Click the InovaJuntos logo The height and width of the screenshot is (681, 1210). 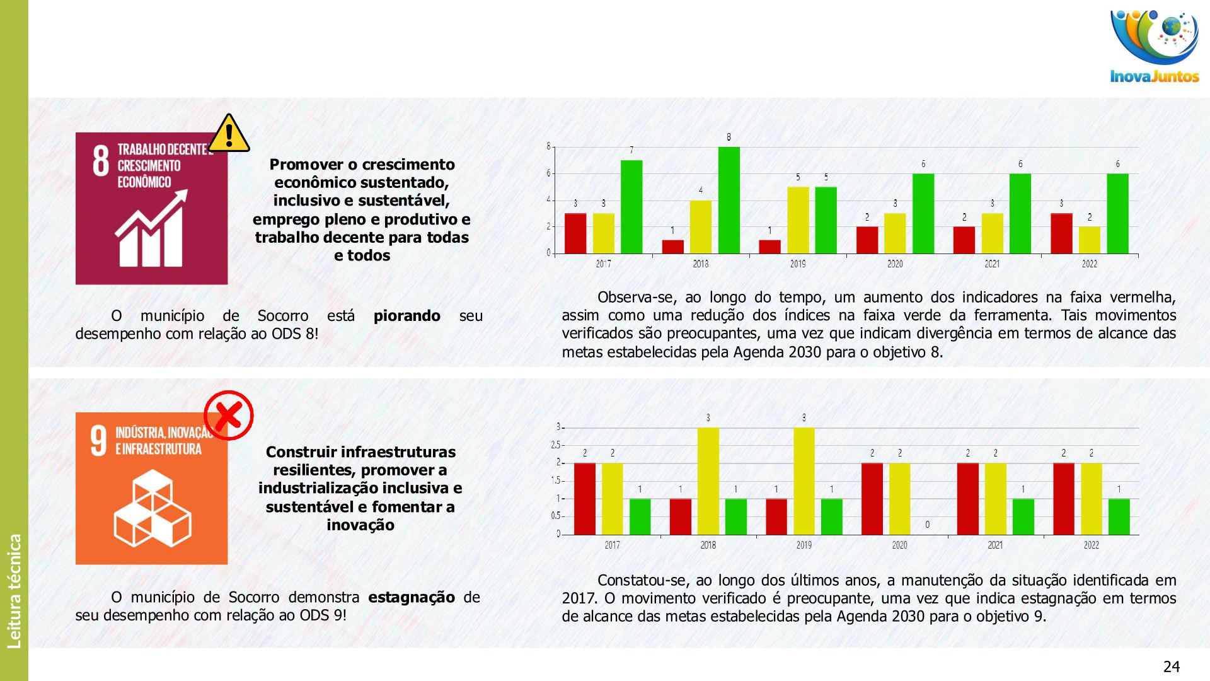coord(1155,47)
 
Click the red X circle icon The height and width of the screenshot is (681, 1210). coord(229,415)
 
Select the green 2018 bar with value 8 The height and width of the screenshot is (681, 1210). coord(729,200)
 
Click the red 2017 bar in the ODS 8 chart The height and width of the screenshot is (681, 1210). coord(575,233)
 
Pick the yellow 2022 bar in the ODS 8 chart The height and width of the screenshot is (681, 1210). coord(1089,240)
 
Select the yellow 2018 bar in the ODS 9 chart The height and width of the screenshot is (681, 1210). coord(708,481)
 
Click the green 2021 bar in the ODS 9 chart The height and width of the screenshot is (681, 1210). coord(1023,516)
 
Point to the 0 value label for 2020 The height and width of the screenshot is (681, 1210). coord(927,525)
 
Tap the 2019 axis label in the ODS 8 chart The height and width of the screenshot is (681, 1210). coord(797,264)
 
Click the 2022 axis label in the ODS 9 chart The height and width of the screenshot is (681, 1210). coord(1091,545)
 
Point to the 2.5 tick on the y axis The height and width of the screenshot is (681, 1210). coord(555,445)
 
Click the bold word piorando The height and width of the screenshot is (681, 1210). coord(406,316)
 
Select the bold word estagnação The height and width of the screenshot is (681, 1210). coord(411,597)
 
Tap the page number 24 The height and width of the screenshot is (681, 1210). coord(1171,666)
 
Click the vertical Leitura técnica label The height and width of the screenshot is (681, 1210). coord(14,591)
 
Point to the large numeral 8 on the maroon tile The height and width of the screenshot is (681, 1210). coord(101,161)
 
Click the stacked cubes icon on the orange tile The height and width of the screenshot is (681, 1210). coord(152,508)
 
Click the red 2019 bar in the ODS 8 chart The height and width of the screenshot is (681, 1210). coord(769,247)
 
